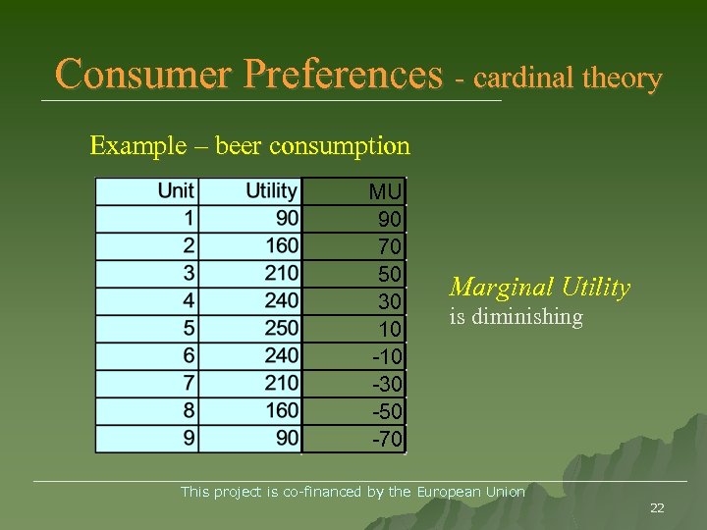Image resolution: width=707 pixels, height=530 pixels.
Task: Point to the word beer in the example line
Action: (x=239, y=146)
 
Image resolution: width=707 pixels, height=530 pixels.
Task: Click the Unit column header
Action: (x=177, y=190)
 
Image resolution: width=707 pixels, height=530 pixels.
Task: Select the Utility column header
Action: (x=271, y=190)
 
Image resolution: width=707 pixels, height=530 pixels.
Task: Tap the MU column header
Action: (x=385, y=191)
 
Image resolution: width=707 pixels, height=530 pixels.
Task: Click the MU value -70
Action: (x=386, y=440)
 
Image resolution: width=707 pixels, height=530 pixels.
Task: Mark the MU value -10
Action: (x=386, y=356)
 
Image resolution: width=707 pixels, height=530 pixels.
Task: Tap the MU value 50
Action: (x=389, y=274)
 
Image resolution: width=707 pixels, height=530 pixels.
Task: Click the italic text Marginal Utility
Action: (x=539, y=288)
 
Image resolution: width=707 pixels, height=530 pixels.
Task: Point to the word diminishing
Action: (x=527, y=317)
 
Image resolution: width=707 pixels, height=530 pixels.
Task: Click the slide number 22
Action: (x=657, y=507)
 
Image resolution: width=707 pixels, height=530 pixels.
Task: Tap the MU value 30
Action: (x=389, y=301)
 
